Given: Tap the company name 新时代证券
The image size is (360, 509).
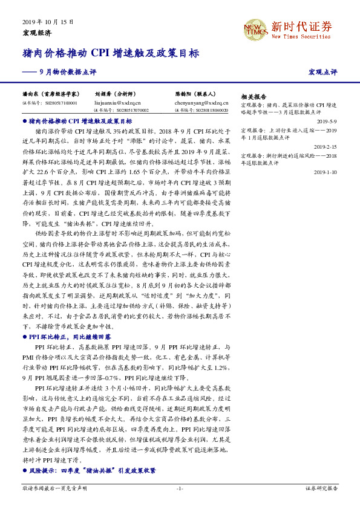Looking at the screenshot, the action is tap(302, 27).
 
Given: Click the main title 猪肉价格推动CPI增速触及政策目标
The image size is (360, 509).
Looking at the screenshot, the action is tap(110, 53).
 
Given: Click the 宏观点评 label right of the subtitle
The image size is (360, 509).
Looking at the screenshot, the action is tap(322, 72).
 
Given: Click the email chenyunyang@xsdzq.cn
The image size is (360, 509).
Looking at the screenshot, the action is tap(201, 103).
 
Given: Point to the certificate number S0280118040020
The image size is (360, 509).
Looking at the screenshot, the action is tap(211, 111).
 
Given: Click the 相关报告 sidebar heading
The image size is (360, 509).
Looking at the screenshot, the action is tap(254, 97).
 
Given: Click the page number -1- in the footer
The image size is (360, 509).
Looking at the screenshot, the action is tap(180, 488).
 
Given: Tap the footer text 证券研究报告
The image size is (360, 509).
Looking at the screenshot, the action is tap(321, 488).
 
